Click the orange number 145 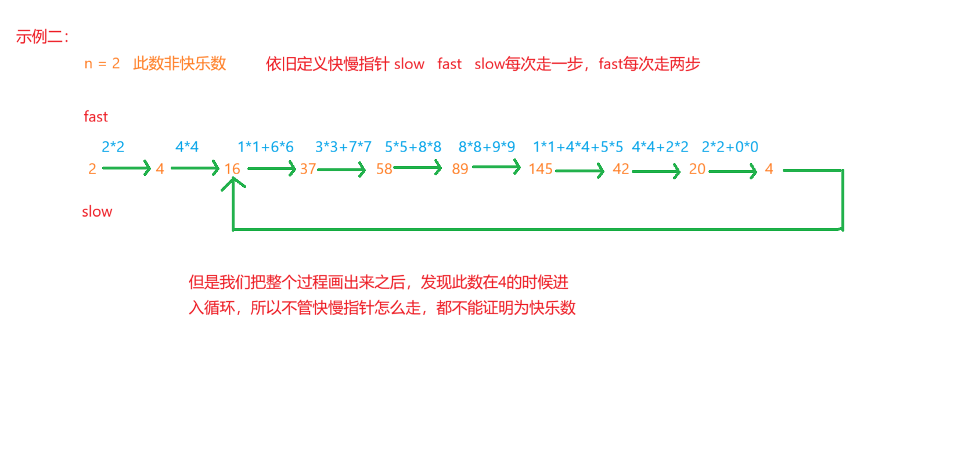[x=540, y=169]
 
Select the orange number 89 [x=460, y=169]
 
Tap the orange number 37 [x=308, y=169]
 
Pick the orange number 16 [x=232, y=169]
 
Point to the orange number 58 [x=384, y=169]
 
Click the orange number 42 [x=621, y=169]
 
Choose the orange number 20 [x=697, y=169]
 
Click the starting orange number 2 [x=92, y=169]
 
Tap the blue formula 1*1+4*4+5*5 [x=578, y=147]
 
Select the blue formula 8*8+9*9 [x=487, y=147]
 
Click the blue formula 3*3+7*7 [x=343, y=147]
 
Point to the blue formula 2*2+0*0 [x=730, y=147]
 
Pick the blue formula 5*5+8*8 [x=413, y=147]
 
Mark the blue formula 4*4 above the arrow [x=186, y=147]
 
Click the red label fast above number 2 [x=96, y=117]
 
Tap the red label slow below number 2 [x=97, y=212]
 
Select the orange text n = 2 [x=102, y=63]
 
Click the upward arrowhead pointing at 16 [x=233, y=182]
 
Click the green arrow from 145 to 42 [x=580, y=171]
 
